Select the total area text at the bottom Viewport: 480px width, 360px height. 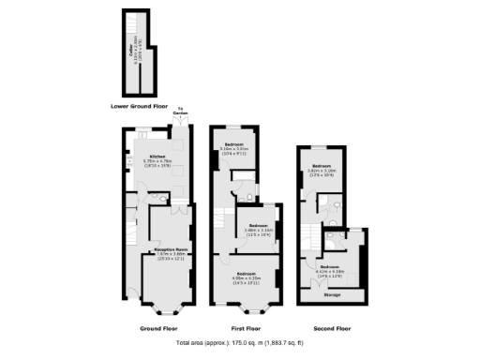pyautogui.click(x=239, y=343)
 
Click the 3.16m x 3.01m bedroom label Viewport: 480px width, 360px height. pyautogui.click(x=233, y=146)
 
